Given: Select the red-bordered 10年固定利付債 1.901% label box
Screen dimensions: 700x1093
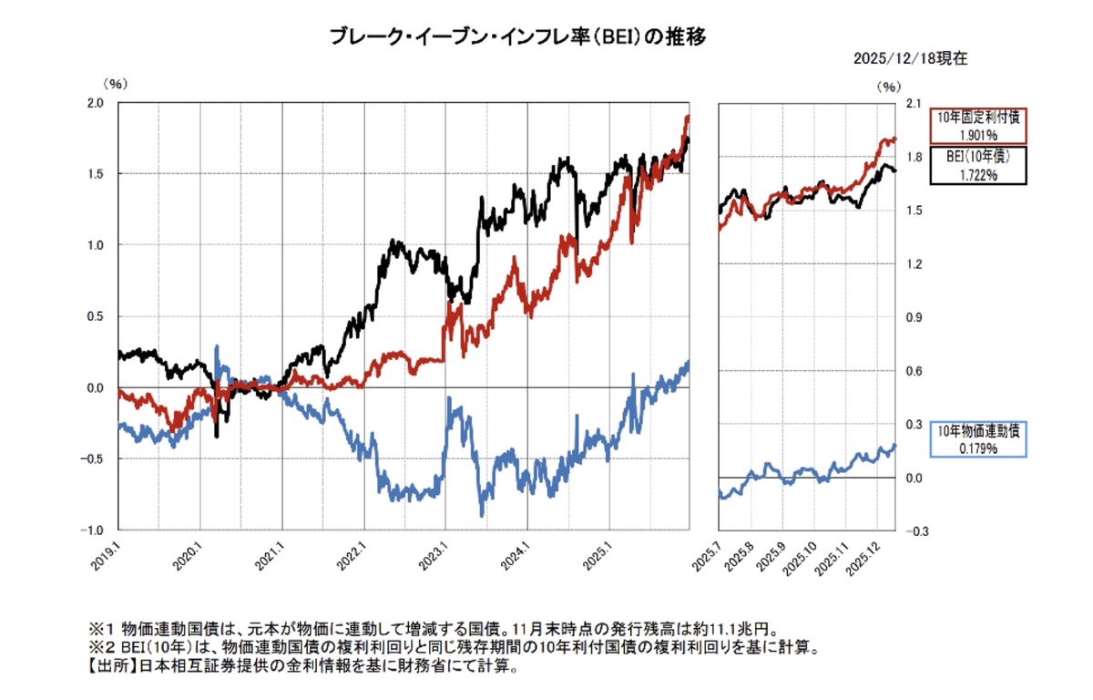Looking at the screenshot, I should pyautogui.click(x=978, y=126).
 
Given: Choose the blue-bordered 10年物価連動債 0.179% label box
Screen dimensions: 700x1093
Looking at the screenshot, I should pyautogui.click(x=978, y=438).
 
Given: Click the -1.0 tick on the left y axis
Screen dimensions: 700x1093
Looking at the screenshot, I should pyautogui.click(x=94, y=530).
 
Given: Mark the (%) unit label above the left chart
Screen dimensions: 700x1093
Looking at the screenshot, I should pyautogui.click(x=117, y=84).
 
